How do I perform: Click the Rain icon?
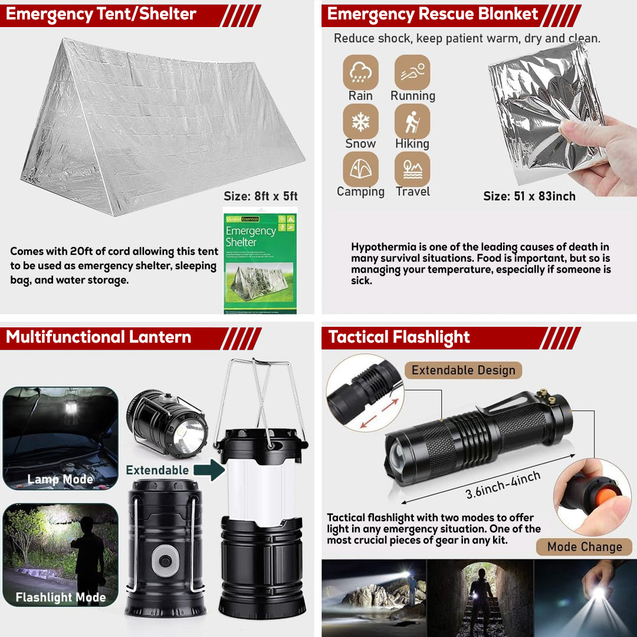(x=360, y=73)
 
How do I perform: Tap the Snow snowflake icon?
(x=360, y=122)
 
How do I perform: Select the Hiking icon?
(x=412, y=122)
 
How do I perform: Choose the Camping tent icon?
(x=360, y=169)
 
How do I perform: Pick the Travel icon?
(x=412, y=169)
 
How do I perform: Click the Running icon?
(x=412, y=73)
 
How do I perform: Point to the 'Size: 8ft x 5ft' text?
(x=261, y=196)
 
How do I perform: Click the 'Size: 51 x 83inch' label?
(x=529, y=196)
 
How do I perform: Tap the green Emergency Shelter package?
(x=260, y=262)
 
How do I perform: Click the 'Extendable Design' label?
(x=463, y=370)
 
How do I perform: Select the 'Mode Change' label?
(x=584, y=547)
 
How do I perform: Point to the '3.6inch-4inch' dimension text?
(x=503, y=485)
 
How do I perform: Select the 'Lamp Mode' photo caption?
(x=60, y=480)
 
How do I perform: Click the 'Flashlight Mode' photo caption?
(x=60, y=597)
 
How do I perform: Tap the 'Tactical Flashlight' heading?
(x=399, y=337)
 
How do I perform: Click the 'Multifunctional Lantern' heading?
(x=98, y=337)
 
